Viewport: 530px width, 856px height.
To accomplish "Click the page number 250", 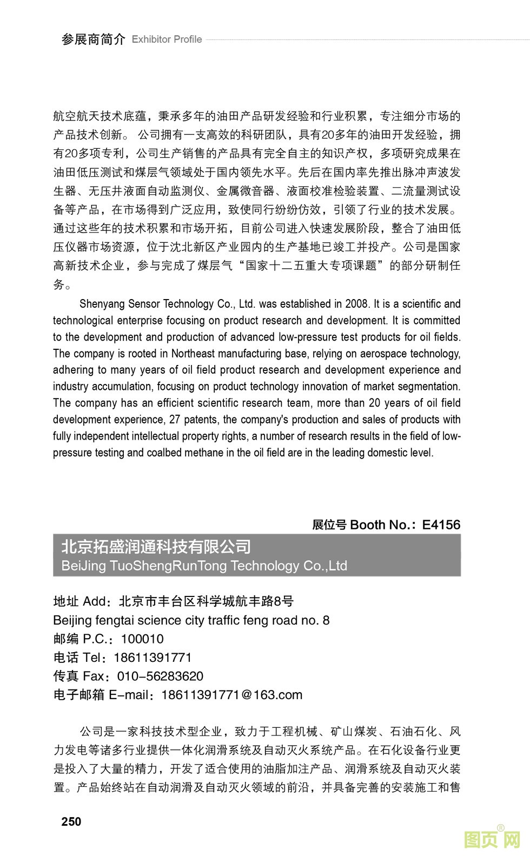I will [x=71, y=821].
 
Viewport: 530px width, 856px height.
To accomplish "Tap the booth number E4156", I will [x=441, y=525].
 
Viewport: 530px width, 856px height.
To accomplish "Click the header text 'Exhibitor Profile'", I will [x=167, y=39].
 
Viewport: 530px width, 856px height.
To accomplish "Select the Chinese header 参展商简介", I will [x=94, y=39].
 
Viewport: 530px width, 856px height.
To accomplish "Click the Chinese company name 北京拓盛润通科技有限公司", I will [x=156, y=547].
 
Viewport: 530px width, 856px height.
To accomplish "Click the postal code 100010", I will [x=142, y=639].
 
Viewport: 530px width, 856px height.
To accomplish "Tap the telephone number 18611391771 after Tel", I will [x=153, y=658].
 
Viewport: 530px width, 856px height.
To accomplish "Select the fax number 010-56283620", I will [x=160, y=676].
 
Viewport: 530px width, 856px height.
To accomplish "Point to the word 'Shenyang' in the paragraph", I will [x=102, y=304].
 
